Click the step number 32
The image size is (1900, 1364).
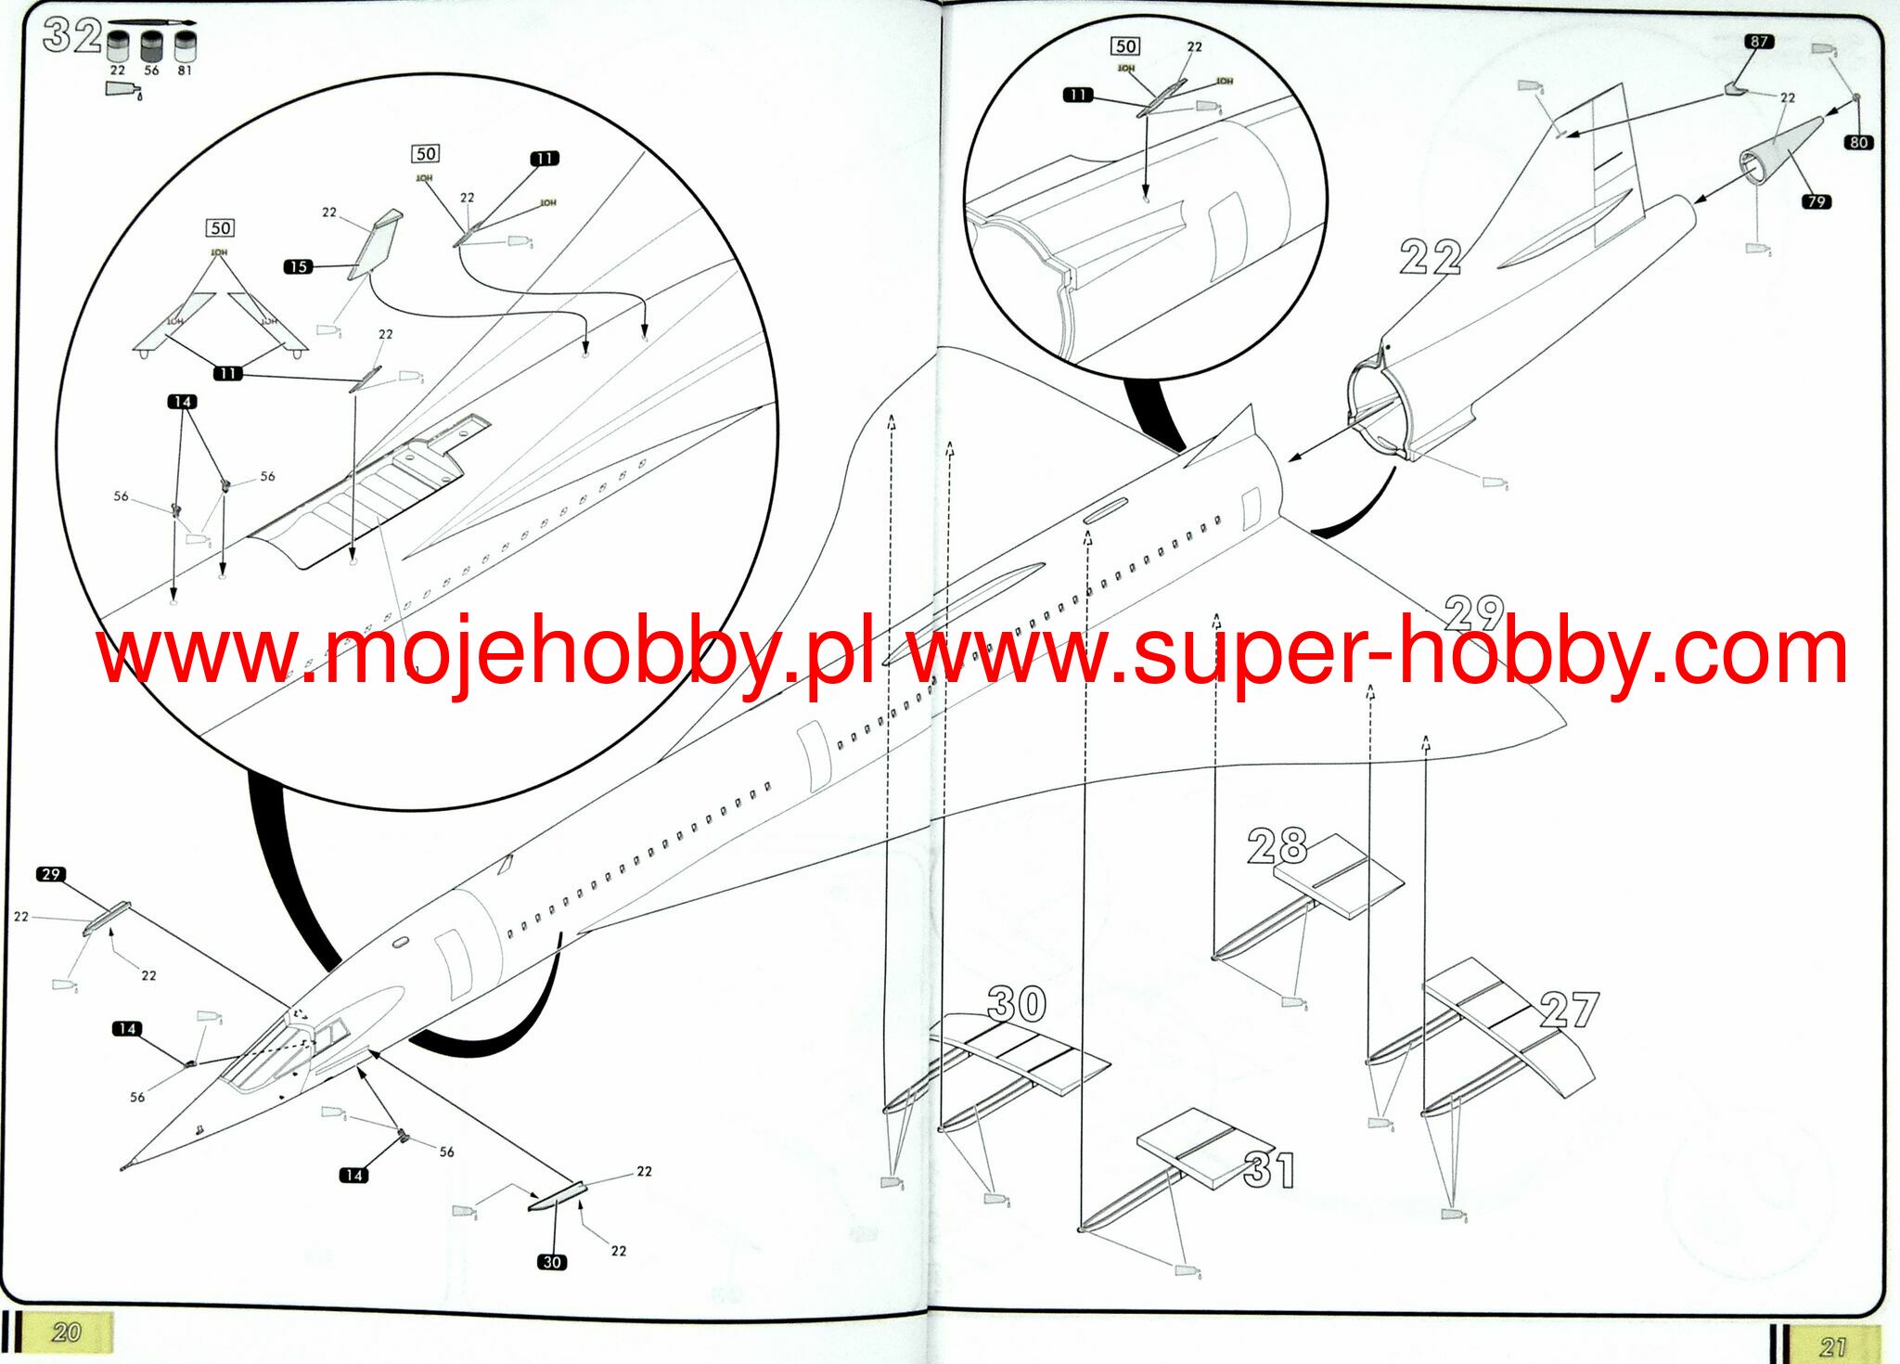[x=71, y=37]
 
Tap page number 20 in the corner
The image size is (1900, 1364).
[x=66, y=1333]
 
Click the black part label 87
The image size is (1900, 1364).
[x=1758, y=42]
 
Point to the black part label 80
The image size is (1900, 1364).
[x=1857, y=142]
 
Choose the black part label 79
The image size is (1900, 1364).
[x=1816, y=201]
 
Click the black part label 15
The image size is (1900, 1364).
[x=298, y=266]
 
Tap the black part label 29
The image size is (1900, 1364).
[x=51, y=874]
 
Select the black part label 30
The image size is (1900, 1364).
[x=552, y=1262]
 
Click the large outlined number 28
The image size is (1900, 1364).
[x=1277, y=846]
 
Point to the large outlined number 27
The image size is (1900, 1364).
[x=1569, y=1010]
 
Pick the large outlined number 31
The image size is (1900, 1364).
[x=1268, y=1170]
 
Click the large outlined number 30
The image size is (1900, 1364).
[x=1017, y=1004]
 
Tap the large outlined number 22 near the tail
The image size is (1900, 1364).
[x=1430, y=257]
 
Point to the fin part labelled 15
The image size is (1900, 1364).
[x=376, y=244]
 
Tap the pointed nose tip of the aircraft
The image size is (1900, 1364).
[x=123, y=1168]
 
